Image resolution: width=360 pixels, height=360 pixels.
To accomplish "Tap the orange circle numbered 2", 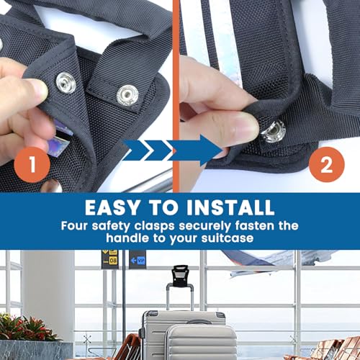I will (326, 164).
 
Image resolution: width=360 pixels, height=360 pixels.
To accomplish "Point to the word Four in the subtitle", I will (78, 224).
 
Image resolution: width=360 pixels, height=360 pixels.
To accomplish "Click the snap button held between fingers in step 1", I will (64, 83).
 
